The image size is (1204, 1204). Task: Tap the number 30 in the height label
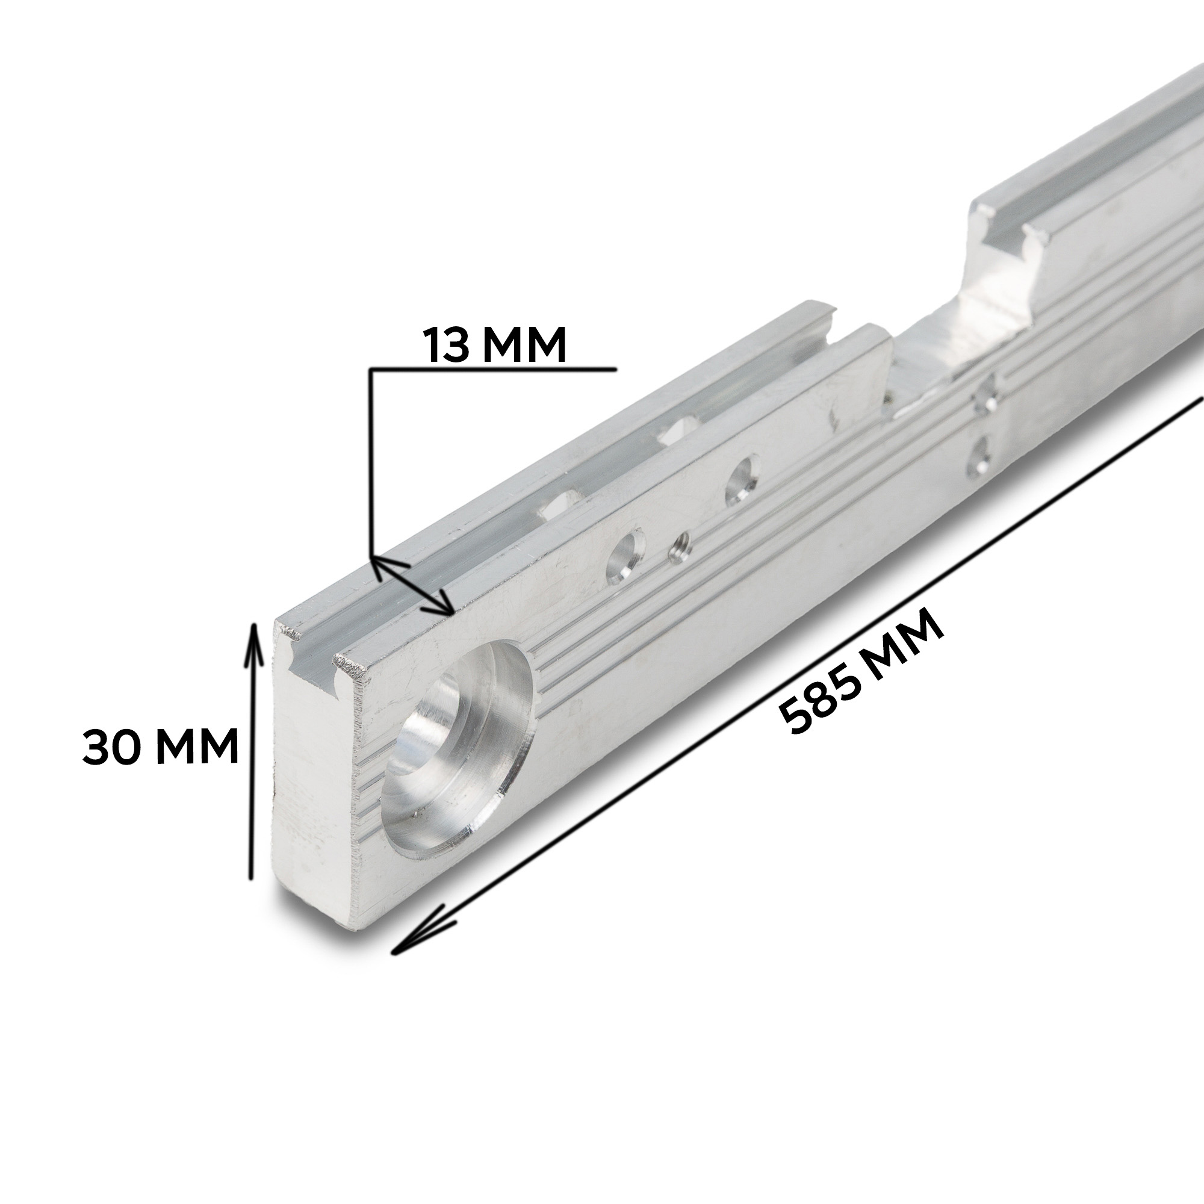[x=111, y=746]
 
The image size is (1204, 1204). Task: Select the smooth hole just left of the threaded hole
[x=625, y=557]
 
